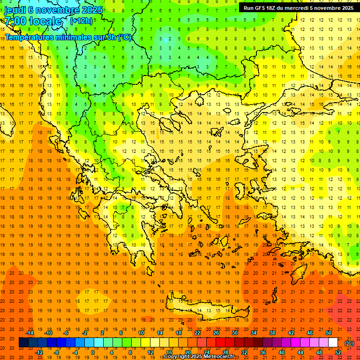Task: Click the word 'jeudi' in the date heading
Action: click(15, 10)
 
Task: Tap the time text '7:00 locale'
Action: click(33, 21)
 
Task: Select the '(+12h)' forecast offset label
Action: click(81, 21)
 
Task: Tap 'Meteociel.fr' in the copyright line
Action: click(221, 357)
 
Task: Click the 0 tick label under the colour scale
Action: click(92, 352)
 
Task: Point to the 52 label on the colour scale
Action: click(337, 352)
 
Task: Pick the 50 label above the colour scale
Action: click(329, 333)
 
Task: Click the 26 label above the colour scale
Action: click(216, 333)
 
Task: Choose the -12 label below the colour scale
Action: click(39, 352)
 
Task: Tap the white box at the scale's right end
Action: click(333, 343)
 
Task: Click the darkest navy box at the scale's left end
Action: click(23, 343)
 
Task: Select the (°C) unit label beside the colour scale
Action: click(349, 343)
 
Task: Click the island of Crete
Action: click(202, 309)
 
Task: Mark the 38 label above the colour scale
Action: click(272, 333)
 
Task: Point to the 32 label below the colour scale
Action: click(244, 352)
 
